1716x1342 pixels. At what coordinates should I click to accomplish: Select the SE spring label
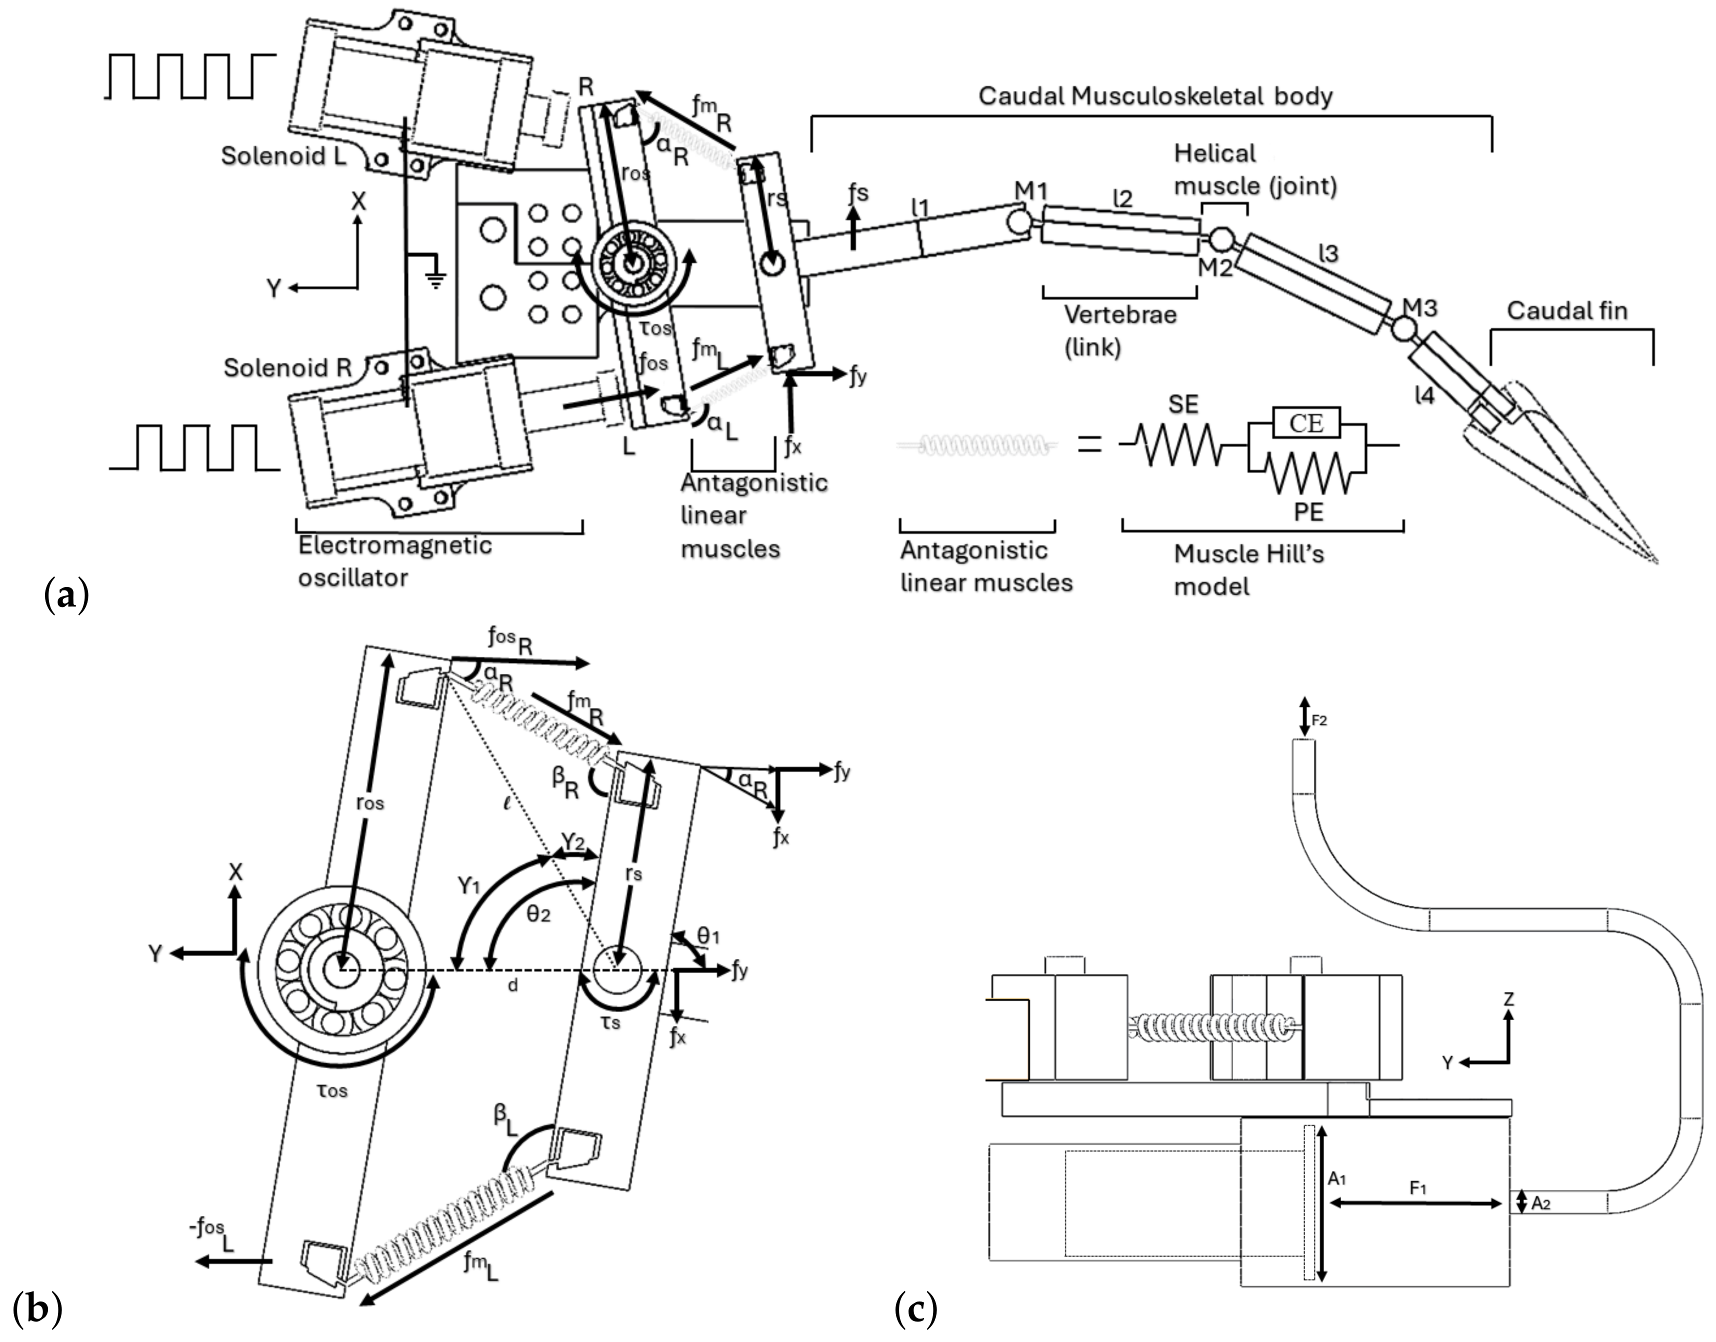1183,404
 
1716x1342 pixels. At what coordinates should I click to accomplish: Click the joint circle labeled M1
1020,221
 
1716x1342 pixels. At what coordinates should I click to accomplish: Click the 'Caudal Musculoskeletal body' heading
1155,96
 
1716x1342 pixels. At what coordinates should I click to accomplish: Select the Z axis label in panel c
1508,999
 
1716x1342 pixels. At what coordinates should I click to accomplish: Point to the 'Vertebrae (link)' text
1119,330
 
